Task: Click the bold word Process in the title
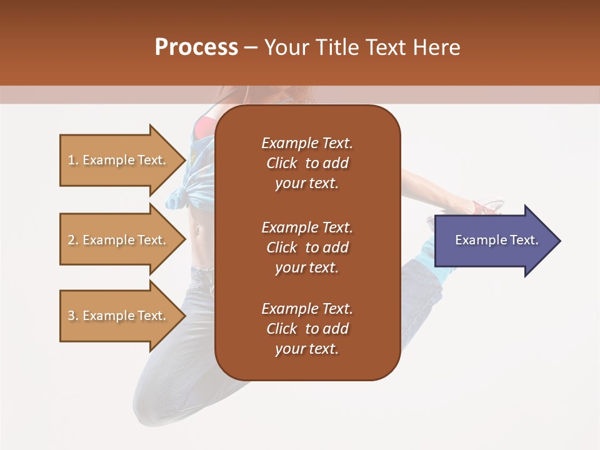coord(196,47)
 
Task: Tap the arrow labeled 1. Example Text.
coord(119,160)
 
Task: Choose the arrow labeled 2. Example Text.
coord(119,240)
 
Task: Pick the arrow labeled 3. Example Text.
coord(119,316)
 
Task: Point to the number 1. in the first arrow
coord(72,161)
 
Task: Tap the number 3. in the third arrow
coord(72,316)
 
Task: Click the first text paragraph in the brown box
coord(307,163)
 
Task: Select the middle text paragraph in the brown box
coord(307,247)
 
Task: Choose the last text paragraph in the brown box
coord(307,329)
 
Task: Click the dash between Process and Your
coord(251,48)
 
